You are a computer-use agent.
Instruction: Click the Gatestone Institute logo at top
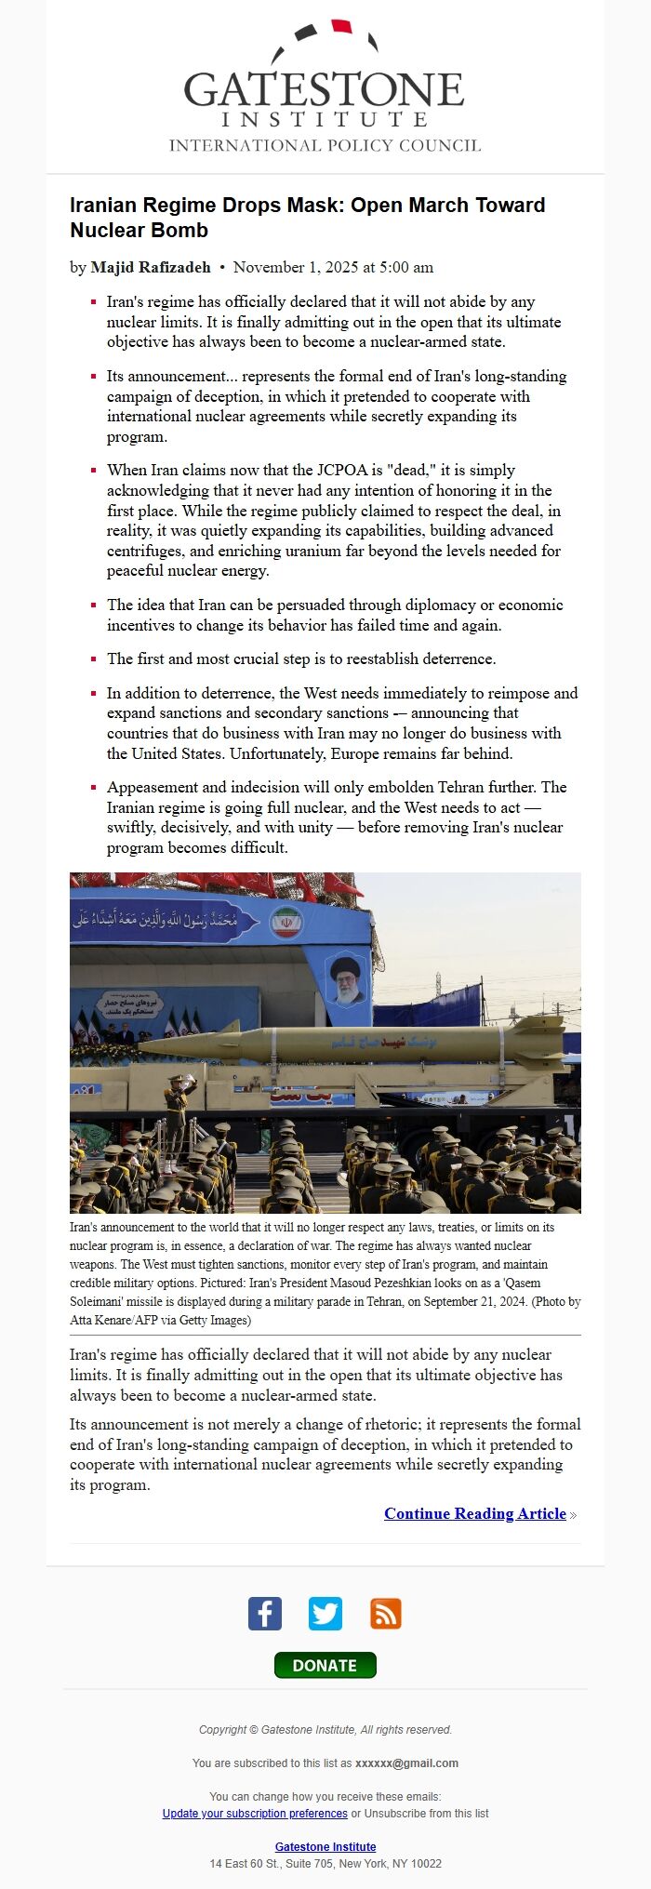[x=325, y=88]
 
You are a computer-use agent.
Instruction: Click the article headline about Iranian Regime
[x=307, y=218]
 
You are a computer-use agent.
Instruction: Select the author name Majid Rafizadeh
[x=151, y=268]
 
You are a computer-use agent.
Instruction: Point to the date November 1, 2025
[x=333, y=268]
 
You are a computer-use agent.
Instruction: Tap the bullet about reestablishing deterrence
[x=301, y=659]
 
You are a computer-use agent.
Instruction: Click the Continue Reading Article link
[x=474, y=1514]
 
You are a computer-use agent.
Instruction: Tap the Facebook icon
[x=265, y=1614]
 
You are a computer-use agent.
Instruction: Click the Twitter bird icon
[x=325, y=1614]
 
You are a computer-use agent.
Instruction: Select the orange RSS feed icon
[x=386, y=1614]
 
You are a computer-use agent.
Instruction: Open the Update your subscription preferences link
[x=255, y=1814]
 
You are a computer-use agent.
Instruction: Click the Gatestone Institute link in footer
[x=325, y=1847]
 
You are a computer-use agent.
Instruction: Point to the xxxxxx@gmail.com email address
[x=406, y=1763]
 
